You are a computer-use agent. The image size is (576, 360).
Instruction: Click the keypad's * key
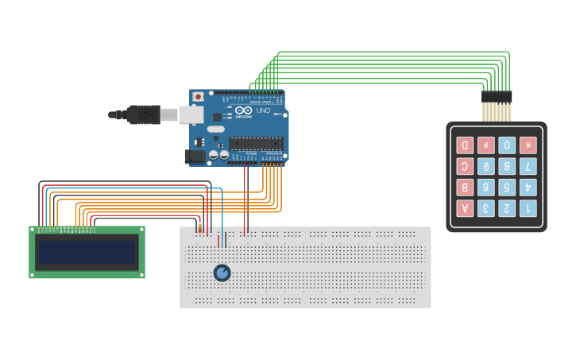[528, 145]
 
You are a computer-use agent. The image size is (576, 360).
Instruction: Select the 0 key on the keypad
[507, 145]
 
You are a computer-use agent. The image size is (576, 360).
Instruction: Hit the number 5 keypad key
[507, 188]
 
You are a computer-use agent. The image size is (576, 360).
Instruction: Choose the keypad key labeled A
[465, 208]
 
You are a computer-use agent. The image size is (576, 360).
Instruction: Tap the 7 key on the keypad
[528, 166]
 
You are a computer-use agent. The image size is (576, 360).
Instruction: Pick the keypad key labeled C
[465, 166]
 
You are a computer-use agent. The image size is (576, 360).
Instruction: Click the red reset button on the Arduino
[197, 97]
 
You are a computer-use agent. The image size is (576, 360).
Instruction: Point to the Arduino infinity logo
[243, 110]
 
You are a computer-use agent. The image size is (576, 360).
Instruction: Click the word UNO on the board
[263, 110]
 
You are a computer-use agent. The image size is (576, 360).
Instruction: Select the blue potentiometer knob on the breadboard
[222, 273]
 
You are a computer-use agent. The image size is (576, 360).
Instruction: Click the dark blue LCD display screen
[87, 252]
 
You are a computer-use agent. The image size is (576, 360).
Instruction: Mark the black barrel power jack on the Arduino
[195, 157]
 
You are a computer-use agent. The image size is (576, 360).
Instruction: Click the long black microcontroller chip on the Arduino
[256, 144]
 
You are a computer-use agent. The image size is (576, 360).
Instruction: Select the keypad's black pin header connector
[497, 97]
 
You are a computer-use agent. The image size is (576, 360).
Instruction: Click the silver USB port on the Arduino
[191, 114]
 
